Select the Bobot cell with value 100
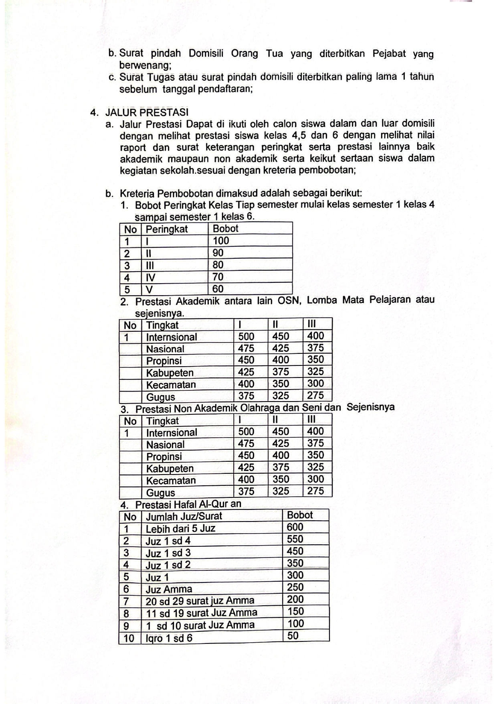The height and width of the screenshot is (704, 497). click(x=221, y=241)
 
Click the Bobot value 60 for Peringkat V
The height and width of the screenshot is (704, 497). click(x=218, y=289)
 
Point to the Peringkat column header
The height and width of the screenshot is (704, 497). click(x=166, y=229)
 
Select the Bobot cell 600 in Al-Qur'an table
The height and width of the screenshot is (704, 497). click(x=295, y=527)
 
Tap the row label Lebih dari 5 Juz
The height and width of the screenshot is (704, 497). click(x=180, y=528)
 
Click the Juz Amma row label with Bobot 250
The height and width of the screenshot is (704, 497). click(x=169, y=589)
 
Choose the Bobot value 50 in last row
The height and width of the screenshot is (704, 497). click(x=293, y=635)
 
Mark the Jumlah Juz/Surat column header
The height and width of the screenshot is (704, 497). click(x=184, y=516)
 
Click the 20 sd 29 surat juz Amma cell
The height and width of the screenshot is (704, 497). click(x=200, y=601)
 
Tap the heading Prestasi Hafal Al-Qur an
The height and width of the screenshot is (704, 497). click(x=188, y=504)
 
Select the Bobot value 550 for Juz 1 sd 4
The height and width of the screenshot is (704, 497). click(x=295, y=539)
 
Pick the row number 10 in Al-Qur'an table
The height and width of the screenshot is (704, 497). click(x=129, y=638)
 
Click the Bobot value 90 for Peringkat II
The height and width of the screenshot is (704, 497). click(x=218, y=253)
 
